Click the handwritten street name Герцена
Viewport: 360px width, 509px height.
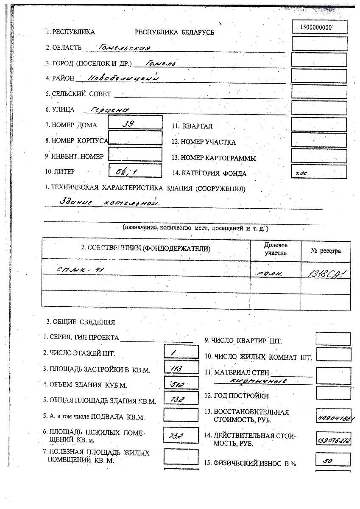point(109,109)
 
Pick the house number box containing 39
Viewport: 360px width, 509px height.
point(135,123)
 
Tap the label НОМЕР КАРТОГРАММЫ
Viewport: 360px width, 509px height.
point(214,158)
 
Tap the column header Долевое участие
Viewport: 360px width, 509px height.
point(276,249)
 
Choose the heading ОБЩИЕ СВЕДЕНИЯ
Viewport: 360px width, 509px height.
point(81,322)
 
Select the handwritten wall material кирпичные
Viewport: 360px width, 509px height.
point(258,381)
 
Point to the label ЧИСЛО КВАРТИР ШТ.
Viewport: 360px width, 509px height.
point(243,341)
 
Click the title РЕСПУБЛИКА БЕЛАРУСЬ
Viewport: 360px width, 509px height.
point(174,32)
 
